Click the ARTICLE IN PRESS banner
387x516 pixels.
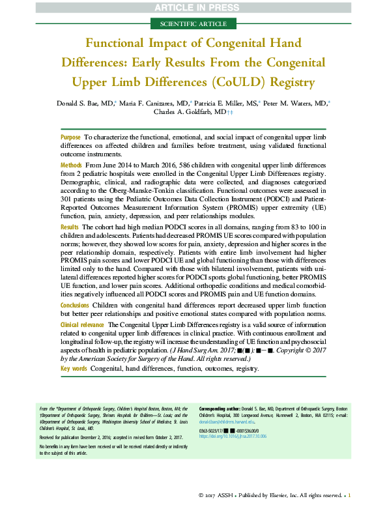[193, 7]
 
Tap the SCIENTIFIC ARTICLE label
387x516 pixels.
[193, 23]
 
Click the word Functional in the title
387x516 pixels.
[122, 44]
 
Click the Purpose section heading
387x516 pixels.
[70, 137]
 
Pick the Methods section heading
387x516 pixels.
[72, 167]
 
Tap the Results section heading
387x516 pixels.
[70, 225]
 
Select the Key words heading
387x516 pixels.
[74, 368]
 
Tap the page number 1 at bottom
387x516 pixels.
[349, 496]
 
